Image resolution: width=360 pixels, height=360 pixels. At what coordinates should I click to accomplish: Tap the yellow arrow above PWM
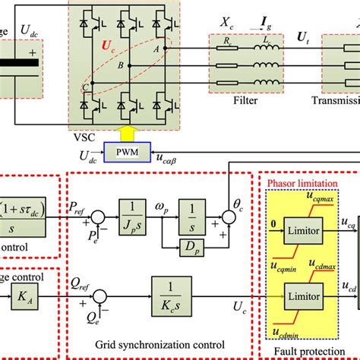[124, 137]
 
